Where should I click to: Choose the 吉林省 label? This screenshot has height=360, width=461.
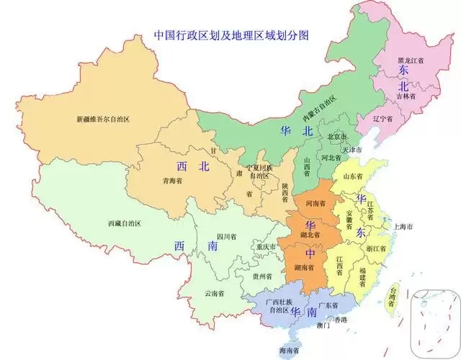405,95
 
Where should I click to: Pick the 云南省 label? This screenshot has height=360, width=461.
214,293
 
